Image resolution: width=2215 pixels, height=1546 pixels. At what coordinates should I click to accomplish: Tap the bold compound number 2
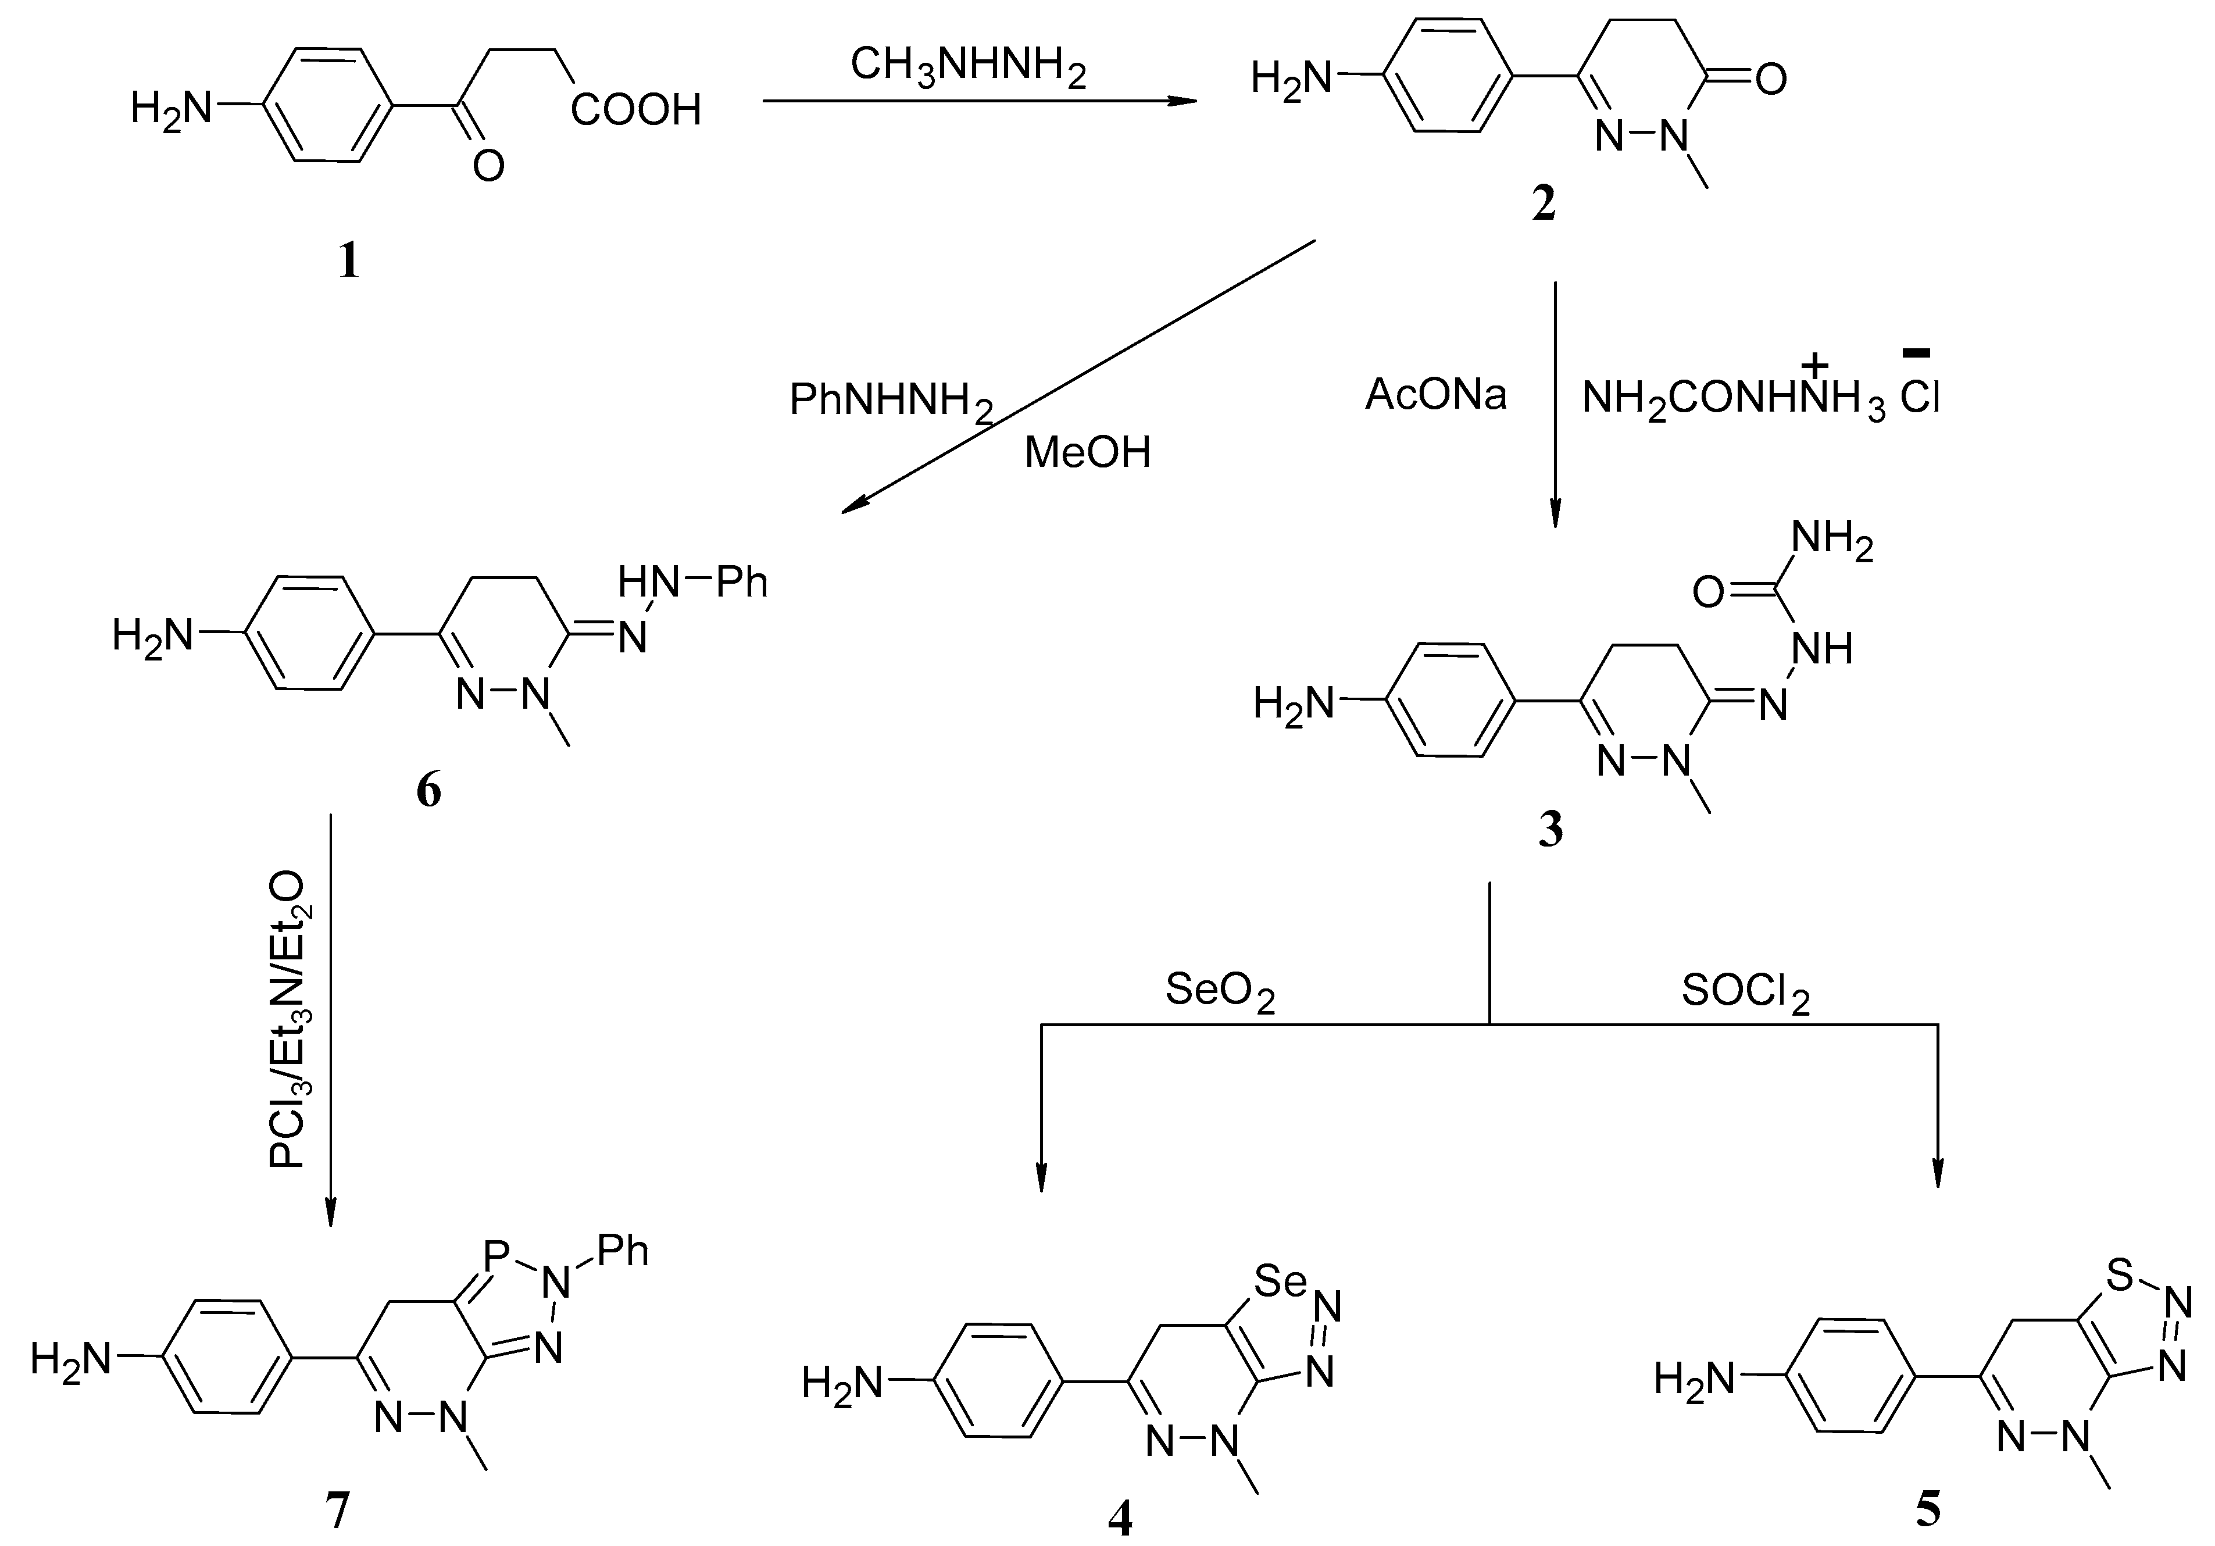coord(1544,205)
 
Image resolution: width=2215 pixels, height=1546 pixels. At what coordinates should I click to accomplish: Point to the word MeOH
coord(1087,452)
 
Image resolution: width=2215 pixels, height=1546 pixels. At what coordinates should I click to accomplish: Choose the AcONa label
coord(1435,395)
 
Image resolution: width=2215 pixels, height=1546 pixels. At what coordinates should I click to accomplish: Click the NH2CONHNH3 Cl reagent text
coord(1760,396)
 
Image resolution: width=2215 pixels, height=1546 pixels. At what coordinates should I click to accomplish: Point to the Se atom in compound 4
coord(1280,1281)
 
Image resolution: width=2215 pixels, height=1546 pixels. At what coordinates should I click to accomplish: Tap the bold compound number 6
coord(428,791)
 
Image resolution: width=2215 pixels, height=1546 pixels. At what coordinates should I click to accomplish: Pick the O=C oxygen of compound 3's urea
coord(1707,592)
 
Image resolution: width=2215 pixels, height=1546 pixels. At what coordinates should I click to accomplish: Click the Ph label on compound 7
coord(622,1252)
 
